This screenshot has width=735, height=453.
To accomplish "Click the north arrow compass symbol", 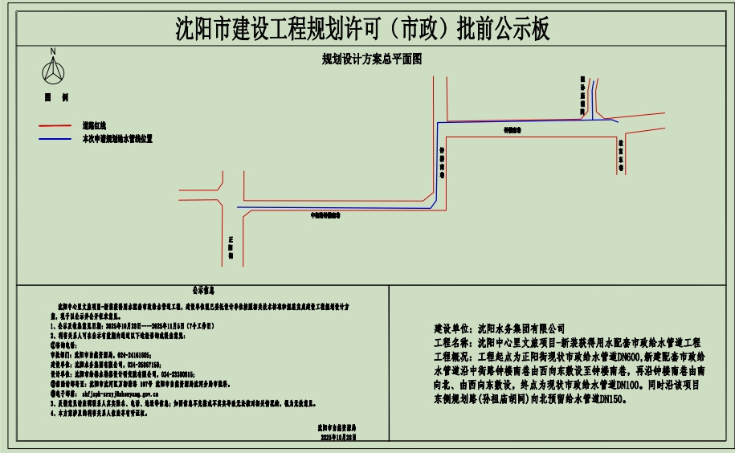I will [x=53, y=71].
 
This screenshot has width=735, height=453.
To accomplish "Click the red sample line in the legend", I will [x=56, y=126].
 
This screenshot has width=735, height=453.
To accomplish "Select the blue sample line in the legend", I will [x=56, y=139].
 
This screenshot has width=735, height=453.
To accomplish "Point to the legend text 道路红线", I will [x=94, y=126].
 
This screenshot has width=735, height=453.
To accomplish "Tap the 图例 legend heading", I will [x=55, y=97].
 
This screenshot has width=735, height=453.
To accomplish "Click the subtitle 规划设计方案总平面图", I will [x=372, y=59].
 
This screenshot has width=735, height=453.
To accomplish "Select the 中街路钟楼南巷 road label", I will [x=326, y=215].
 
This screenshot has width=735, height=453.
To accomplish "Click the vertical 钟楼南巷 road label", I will [x=442, y=161].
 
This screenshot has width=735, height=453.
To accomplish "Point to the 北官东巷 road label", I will [x=621, y=153].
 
